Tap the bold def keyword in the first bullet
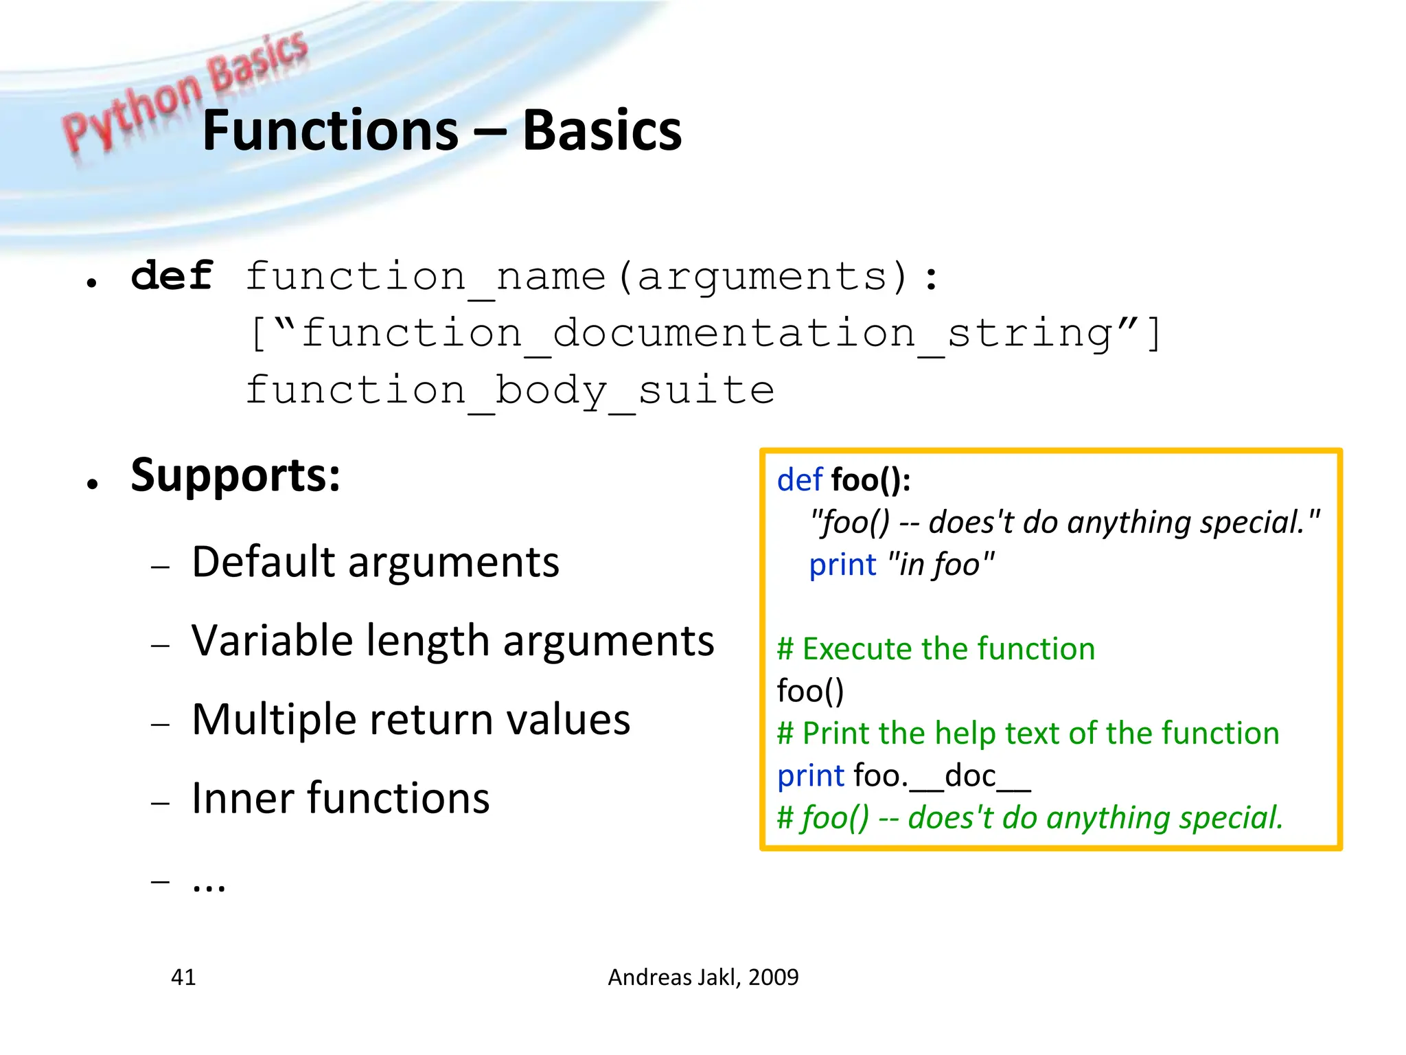172,277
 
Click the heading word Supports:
235,475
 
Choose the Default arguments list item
375,562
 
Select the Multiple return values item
411,719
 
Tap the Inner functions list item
341,798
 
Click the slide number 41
183,977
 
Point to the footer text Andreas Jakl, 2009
703,977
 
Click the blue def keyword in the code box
799,479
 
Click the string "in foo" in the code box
941,565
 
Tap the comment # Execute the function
936,649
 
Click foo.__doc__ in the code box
942,776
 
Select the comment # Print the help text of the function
1028,734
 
